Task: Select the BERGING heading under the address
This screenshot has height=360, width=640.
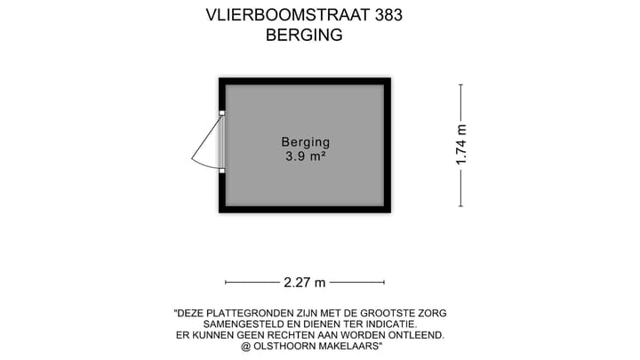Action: point(304,36)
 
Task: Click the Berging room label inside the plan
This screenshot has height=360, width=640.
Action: point(305,141)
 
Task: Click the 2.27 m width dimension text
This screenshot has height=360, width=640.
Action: point(305,283)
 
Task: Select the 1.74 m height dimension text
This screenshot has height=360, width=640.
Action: point(460,144)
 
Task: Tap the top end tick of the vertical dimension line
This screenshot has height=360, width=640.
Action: point(460,84)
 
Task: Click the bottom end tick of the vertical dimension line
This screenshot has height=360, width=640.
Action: point(460,206)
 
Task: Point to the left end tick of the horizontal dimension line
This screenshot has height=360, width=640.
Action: point(226,283)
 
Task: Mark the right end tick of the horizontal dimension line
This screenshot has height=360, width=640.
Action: point(384,283)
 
